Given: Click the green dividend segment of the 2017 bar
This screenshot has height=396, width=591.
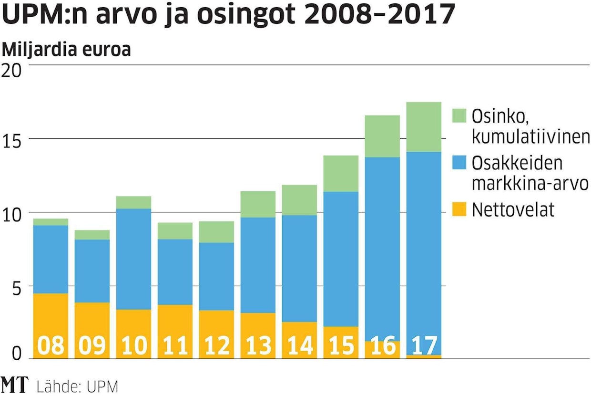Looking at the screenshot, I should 424,127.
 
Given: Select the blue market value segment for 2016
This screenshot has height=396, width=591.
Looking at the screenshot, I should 382,248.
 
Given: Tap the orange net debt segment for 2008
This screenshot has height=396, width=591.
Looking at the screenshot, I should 51,315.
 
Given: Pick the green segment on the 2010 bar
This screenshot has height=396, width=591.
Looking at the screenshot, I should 133,202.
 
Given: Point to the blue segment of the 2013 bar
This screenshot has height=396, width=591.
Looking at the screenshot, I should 258,265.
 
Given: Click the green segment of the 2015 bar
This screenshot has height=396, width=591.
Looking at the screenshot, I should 341,174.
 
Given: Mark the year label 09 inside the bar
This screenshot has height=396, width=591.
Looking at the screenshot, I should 92,346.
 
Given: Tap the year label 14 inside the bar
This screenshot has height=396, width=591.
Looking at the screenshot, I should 299,346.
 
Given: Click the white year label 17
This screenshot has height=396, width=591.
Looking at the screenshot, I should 424,346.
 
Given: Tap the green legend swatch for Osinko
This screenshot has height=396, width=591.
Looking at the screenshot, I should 459,116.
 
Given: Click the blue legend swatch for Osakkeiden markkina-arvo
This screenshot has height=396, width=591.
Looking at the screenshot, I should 459,163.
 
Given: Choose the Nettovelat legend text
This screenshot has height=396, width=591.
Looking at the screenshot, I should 513,210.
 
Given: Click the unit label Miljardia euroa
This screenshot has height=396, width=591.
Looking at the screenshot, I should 67,50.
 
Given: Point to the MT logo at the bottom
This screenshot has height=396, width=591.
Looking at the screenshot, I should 14,385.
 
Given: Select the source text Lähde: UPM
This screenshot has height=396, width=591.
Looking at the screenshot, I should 77,386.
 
